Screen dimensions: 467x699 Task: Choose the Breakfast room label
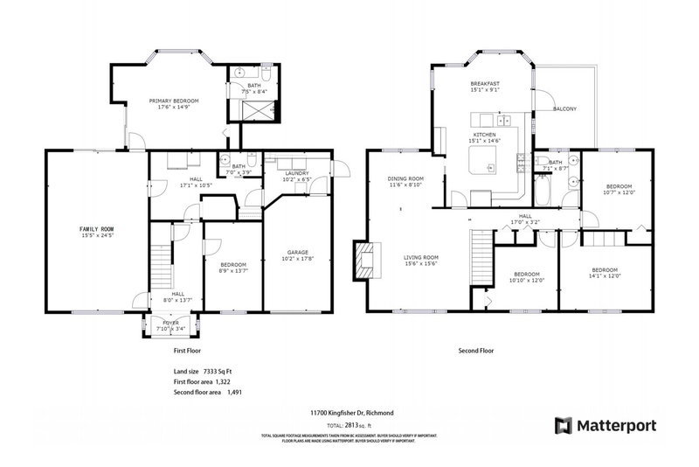pos(483,86)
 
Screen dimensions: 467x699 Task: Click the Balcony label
pos(564,109)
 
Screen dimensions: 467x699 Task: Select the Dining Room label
pos(405,182)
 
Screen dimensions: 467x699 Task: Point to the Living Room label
pos(420,261)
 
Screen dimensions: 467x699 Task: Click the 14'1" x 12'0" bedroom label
pos(605,273)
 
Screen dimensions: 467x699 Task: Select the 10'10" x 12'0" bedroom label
pos(527,277)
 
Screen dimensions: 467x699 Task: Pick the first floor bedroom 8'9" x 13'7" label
pos(232,267)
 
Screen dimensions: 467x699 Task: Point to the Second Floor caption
pos(476,350)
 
